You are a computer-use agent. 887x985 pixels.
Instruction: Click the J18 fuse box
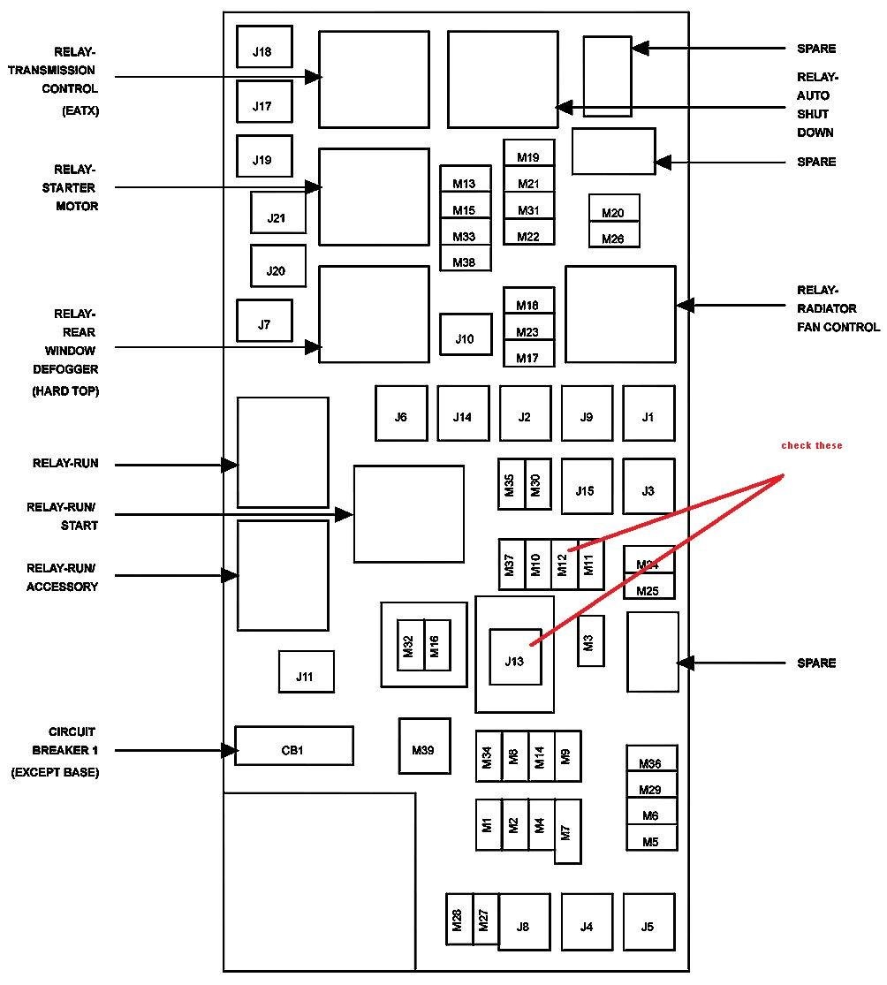tap(264, 47)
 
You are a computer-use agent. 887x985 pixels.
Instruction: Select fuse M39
tap(425, 746)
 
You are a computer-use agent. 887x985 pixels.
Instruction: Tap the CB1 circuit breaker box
tap(294, 746)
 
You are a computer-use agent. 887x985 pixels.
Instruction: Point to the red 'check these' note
tap(812, 445)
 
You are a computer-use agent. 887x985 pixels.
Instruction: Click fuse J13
tap(515, 657)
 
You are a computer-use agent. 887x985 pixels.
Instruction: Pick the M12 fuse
tap(565, 564)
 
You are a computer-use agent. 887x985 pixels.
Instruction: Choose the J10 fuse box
tap(466, 334)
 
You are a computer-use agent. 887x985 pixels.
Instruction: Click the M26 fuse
tap(614, 234)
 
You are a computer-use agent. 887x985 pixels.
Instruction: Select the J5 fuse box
tap(649, 921)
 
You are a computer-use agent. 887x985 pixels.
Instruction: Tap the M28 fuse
tap(459, 919)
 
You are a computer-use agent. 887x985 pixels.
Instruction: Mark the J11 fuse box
tap(307, 671)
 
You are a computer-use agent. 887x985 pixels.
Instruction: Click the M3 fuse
tap(590, 640)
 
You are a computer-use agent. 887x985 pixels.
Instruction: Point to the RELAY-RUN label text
tap(65, 464)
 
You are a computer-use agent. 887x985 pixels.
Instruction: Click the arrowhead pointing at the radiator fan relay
tap(686, 306)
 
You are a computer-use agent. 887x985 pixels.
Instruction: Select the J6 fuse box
tap(401, 413)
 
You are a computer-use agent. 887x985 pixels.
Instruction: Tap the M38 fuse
tap(466, 258)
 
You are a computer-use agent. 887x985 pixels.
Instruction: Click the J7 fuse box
tap(264, 321)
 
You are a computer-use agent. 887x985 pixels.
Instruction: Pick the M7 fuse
tap(568, 831)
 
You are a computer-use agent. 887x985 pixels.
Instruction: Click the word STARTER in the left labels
tap(69, 188)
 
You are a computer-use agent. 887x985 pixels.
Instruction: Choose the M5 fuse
tap(652, 837)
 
